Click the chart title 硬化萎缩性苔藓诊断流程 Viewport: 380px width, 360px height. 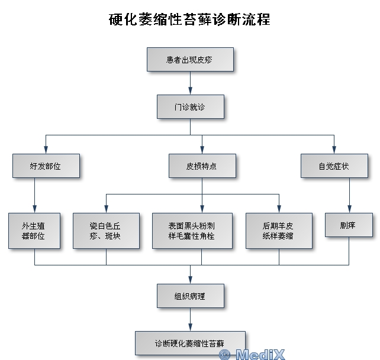click(x=190, y=20)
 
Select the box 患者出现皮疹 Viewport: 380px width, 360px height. click(x=190, y=60)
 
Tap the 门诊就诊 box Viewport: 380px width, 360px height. click(x=190, y=107)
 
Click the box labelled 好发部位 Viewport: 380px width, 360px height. click(x=45, y=166)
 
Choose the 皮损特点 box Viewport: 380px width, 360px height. click(x=202, y=166)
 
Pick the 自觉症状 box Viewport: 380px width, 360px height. click(x=334, y=166)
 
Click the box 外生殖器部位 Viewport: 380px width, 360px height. click(x=34, y=231)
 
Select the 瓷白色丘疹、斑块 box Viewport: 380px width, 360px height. click(x=106, y=231)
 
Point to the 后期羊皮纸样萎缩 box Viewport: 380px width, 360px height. click(x=278, y=231)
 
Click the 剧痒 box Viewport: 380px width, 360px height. click(x=349, y=225)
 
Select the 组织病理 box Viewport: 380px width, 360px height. click(x=190, y=296)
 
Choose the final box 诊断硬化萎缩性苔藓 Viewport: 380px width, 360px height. click(x=190, y=343)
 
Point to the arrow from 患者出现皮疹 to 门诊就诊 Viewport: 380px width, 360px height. click(x=190, y=83)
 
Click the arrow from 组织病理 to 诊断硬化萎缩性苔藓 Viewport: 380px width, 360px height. click(x=190, y=319)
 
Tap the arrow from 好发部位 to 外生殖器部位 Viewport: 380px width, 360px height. click(x=34, y=195)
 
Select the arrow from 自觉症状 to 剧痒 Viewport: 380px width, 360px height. click(x=349, y=195)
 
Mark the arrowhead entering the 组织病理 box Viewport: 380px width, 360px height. click(x=190, y=280)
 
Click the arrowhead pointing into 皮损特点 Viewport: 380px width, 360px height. click(x=202, y=150)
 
